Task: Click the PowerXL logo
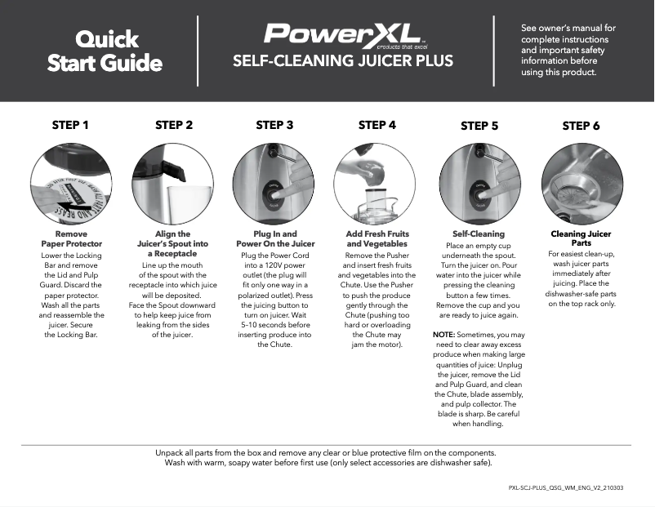pos(342,34)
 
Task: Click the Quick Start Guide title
pos(105,51)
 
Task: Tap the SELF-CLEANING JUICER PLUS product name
pos(342,61)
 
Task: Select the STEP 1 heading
pos(70,125)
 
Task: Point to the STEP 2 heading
pos(174,125)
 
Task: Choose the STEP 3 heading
pos(274,125)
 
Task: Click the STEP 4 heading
pos(377,125)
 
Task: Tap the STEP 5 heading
pos(479,126)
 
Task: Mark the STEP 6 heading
pos(581,126)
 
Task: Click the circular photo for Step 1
pos(71,183)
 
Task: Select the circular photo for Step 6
pos(581,183)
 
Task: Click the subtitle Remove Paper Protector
pos(71,238)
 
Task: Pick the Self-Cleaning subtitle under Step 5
pos(479,233)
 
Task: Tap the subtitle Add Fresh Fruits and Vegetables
pos(377,238)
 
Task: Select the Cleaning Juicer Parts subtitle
pos(581,238)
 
